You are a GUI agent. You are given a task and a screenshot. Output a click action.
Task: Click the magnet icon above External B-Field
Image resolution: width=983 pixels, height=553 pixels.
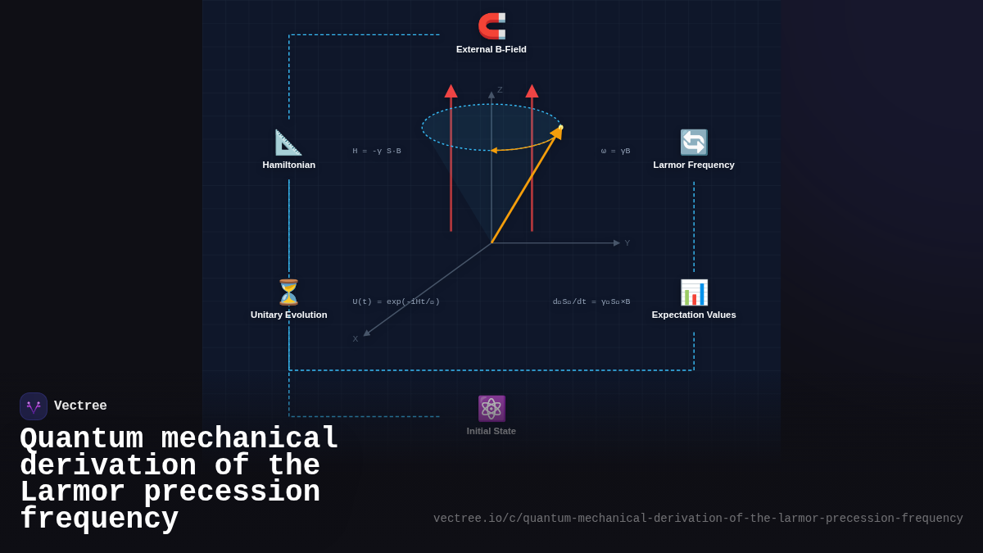[x=491, y=25]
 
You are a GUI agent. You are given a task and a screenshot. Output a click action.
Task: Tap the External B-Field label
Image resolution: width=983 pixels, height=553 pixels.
[x=491, y=49]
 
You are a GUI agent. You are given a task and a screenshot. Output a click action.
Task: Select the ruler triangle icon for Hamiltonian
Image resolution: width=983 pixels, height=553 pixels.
[x=288, y=143]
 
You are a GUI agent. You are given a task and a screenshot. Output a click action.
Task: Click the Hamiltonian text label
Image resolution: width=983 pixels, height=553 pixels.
[x=288, y=165]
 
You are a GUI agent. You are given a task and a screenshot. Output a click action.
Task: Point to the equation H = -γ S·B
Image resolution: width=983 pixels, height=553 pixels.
[x=377, y=151]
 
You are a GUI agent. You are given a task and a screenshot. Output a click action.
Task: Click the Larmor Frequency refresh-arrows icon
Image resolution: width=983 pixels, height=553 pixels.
[x=694, y=143]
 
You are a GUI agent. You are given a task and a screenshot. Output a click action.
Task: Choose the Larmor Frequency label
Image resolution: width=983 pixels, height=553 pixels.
[x=694, y=165]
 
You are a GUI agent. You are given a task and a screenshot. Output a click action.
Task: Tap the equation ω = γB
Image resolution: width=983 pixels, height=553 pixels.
[x=615, y=151]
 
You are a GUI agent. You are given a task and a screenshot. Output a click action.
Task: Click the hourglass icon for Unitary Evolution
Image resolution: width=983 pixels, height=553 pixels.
[x=288, y=292]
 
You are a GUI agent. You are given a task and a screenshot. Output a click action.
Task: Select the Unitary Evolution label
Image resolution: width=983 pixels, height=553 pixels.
[x=288, y=315]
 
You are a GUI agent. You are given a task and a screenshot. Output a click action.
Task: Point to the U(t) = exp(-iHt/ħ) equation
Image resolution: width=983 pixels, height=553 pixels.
[x=396, y=301]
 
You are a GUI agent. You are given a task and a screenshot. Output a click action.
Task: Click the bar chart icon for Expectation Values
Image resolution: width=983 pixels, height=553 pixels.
[x=694, y=292]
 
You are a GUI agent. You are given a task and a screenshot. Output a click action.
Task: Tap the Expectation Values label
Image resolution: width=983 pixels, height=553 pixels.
[x=694, y=315]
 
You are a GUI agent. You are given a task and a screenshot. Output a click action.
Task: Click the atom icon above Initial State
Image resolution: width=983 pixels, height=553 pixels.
[x=491, y=408]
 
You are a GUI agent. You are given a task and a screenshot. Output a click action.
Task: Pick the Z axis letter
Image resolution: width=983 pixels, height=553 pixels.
[x=500, y=90]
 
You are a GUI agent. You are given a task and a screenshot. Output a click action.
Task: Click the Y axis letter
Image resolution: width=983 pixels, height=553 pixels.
[x=627, y=243]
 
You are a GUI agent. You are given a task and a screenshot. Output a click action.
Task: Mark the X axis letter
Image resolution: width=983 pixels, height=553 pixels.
[x=356, y=339]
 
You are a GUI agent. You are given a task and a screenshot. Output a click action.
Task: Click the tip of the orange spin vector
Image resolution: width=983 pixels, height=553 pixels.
[x=560, y=129]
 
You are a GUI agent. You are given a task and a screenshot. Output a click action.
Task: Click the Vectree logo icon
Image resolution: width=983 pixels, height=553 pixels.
[x=34, y=406]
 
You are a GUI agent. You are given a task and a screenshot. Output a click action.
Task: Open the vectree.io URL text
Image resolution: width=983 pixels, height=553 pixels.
[x=698, y=519]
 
